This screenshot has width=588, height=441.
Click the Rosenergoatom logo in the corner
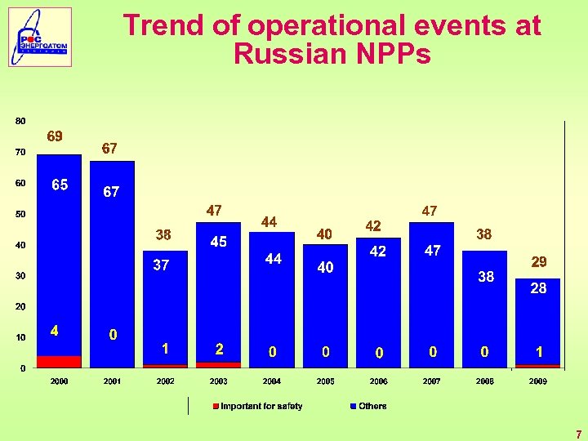(x=40, y=37)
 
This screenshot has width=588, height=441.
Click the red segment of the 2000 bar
(x=59, y=362)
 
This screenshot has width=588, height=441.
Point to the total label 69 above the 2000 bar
(x=55, y=136)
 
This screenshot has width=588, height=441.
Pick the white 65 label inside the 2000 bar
(x=60, y=185)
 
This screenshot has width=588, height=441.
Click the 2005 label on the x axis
(x=325, y=381)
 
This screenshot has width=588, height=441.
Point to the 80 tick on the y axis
(x=20, y=121)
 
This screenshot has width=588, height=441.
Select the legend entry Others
(x=372, y=406)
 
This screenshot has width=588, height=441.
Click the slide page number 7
(x=577, y=434)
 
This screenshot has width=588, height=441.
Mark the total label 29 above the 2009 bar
(x=538, y=262)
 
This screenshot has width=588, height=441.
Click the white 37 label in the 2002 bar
(x=162, y=265)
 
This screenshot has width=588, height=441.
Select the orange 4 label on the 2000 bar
(x=54, y=332)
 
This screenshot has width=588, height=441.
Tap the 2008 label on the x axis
(x=484, y=381)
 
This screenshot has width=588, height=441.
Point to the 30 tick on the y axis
(x=20, y=276)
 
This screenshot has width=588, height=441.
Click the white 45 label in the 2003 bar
(x=218, y=242)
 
